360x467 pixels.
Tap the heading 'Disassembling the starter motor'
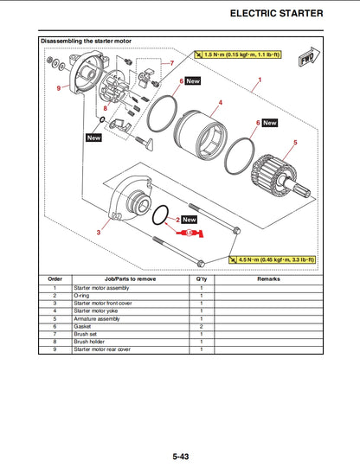click(87, 42)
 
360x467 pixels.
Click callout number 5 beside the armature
click(295, 142)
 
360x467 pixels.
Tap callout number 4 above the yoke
click(221, 103)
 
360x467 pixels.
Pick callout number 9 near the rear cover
click(59, 88)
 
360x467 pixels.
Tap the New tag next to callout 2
click(190, 220)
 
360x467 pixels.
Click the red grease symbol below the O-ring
click(192, 234)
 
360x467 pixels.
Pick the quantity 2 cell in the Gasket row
click(201, 326)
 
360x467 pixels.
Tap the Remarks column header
click(268, 279)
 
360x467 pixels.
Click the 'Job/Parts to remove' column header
click(130, 279)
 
